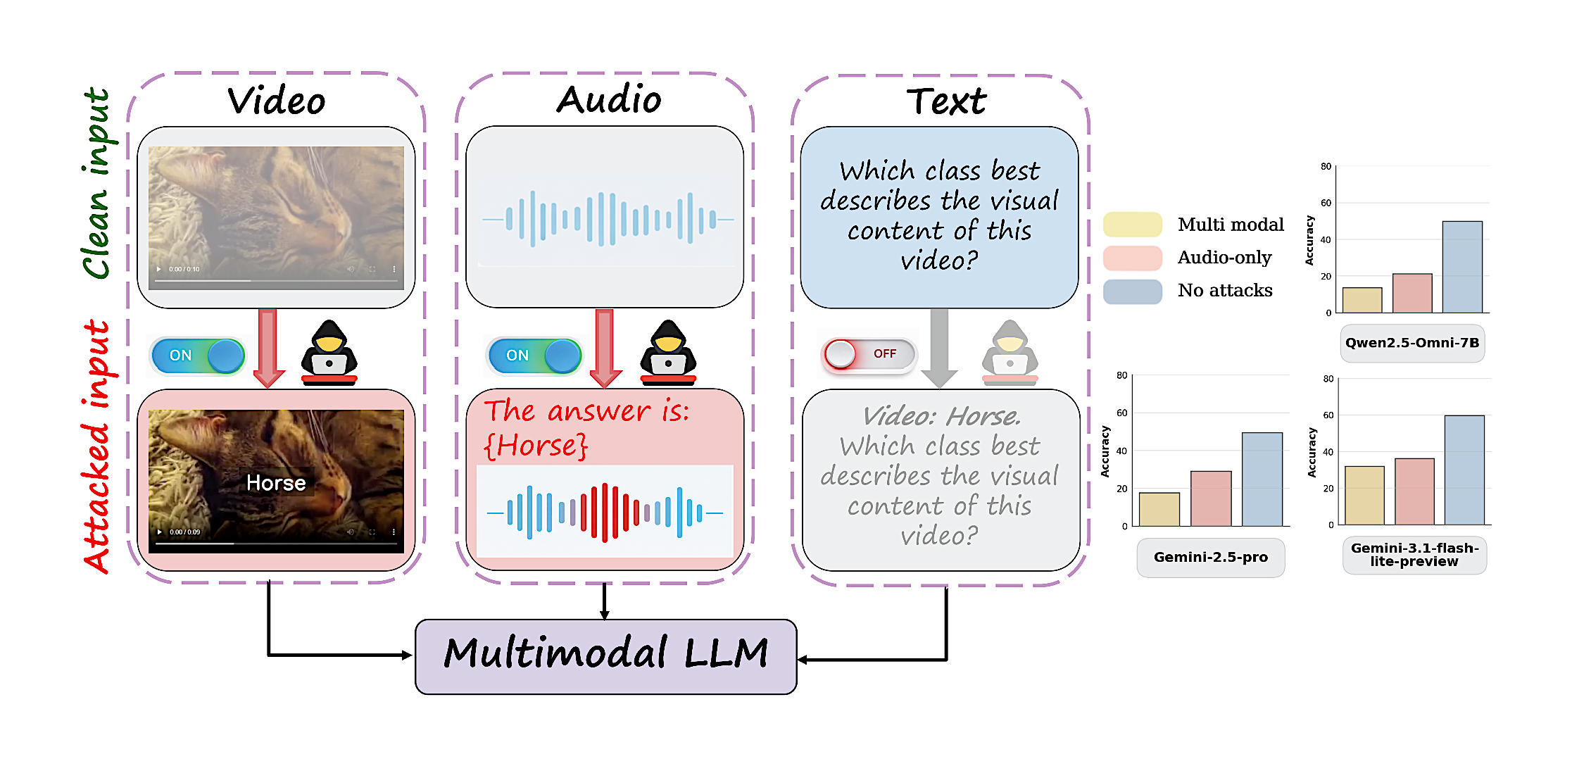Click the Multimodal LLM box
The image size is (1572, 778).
[605, 656]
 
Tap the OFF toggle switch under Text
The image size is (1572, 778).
[870, 353]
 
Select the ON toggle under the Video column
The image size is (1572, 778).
[198, 356]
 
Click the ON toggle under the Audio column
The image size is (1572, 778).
[534, 356]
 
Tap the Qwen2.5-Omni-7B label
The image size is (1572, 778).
[1412, 343]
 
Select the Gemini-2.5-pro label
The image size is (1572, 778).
[1211, 557]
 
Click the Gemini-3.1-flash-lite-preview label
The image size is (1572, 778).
[1414, 555]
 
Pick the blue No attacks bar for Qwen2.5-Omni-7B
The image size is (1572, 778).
[1462, 267]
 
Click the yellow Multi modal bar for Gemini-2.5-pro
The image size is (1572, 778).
[1159, 509]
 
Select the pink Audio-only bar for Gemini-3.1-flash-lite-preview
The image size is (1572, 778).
[1414, 491]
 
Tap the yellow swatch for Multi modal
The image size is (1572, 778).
[1133, 225]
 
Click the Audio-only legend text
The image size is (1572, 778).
[1225, 258]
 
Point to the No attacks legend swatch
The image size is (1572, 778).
[1133, 291]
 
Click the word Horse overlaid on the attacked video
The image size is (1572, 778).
[276, 483]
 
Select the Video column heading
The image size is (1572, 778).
[277, 101]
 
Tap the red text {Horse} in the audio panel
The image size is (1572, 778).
[536, 446]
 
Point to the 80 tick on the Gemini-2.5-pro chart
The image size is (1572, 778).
[1121, 375]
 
